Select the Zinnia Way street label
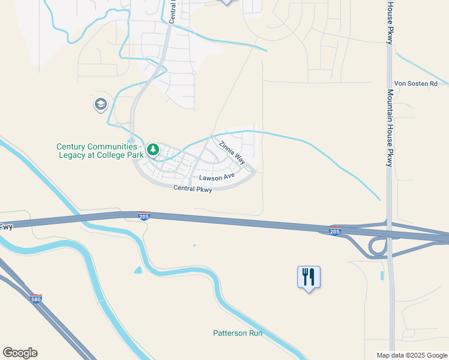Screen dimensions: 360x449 coord(232,152)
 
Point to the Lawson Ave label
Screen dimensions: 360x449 coord(217,178)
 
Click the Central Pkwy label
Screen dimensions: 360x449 coord(193,188)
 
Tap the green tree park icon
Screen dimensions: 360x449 coord(153,149)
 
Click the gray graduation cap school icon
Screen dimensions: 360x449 coord(100,105)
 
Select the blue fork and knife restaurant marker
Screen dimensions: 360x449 coord(309,277)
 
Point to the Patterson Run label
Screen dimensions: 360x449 coord(238,333)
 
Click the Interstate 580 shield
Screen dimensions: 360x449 coord(37,298)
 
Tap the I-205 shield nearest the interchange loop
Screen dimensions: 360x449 coord(335,230)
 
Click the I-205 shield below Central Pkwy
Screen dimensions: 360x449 coord(144,216)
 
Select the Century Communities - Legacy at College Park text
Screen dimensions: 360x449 coord(100,151)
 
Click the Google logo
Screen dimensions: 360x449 coord(20,353)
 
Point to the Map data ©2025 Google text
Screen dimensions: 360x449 coord(411,355)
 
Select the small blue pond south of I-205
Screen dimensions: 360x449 coord(138,270)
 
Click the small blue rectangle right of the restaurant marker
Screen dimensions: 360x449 coord(382,276)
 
